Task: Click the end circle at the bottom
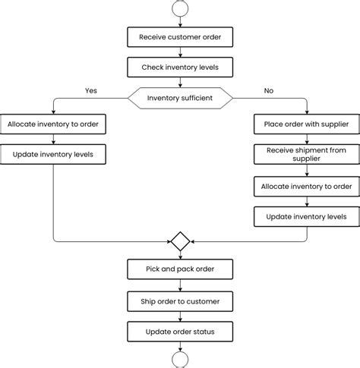click(x=180, y=360)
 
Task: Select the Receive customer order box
click(x=180, y=36)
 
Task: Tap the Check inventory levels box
click(x=180, y=68)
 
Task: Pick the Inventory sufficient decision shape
click(x=180, y=98)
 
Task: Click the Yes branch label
click(x=91, y=90)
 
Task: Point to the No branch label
click(x=268, y=90)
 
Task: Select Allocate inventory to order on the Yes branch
click(x=53, y=124)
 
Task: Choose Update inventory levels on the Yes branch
click(x=53, y=155)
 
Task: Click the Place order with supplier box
click(x=306, y=124)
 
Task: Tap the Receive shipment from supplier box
click(x=306, y=155)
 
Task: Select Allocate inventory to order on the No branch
click(x=306, y=186)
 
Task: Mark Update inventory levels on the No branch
click(x=306, y=217)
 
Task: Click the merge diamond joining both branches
click(x=180, y=242)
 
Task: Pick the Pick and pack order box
click(x=180, y=269)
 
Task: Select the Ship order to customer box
click(x=180, y=301)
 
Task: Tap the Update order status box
click(x=180, y=332)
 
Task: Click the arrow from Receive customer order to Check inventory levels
click(x=180, y=52)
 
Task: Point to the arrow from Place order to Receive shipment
click(x=306, y=139)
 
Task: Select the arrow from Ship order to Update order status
click(x=180, y=316)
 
